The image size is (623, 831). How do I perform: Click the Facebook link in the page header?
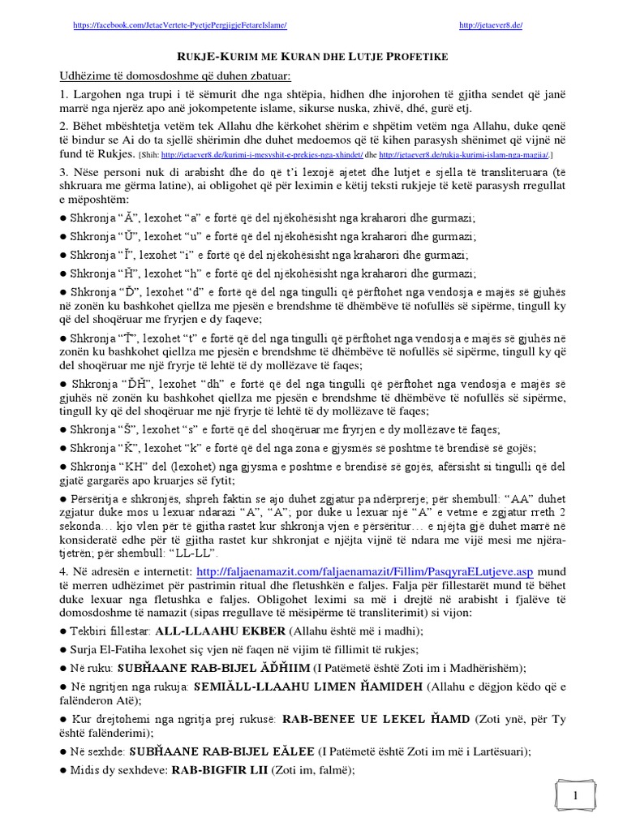point(179,26)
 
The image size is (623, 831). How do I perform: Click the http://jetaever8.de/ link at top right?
point(491,26)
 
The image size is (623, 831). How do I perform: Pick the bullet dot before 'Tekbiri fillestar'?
point(62,631)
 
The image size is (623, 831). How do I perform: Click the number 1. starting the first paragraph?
point(62,96)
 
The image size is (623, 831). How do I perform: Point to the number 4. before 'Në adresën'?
point(62,573)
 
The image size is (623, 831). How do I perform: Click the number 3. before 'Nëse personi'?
point(62,174)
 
